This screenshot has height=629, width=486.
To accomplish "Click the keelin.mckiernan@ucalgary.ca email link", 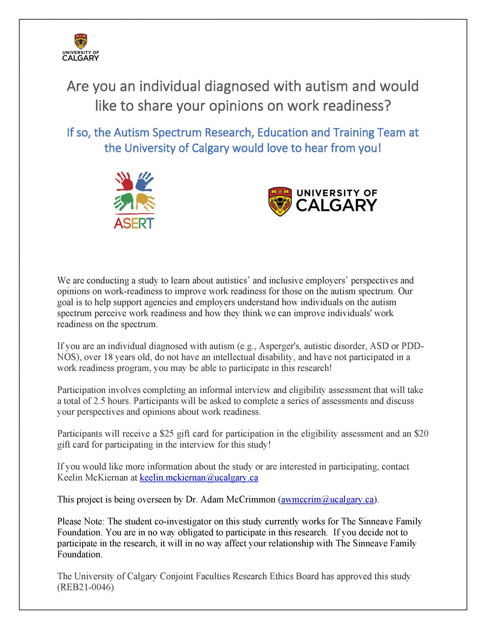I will [199, 478].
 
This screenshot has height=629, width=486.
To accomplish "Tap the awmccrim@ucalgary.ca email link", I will [327, 500].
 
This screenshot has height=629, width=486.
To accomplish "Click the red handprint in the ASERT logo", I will [124, 181].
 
